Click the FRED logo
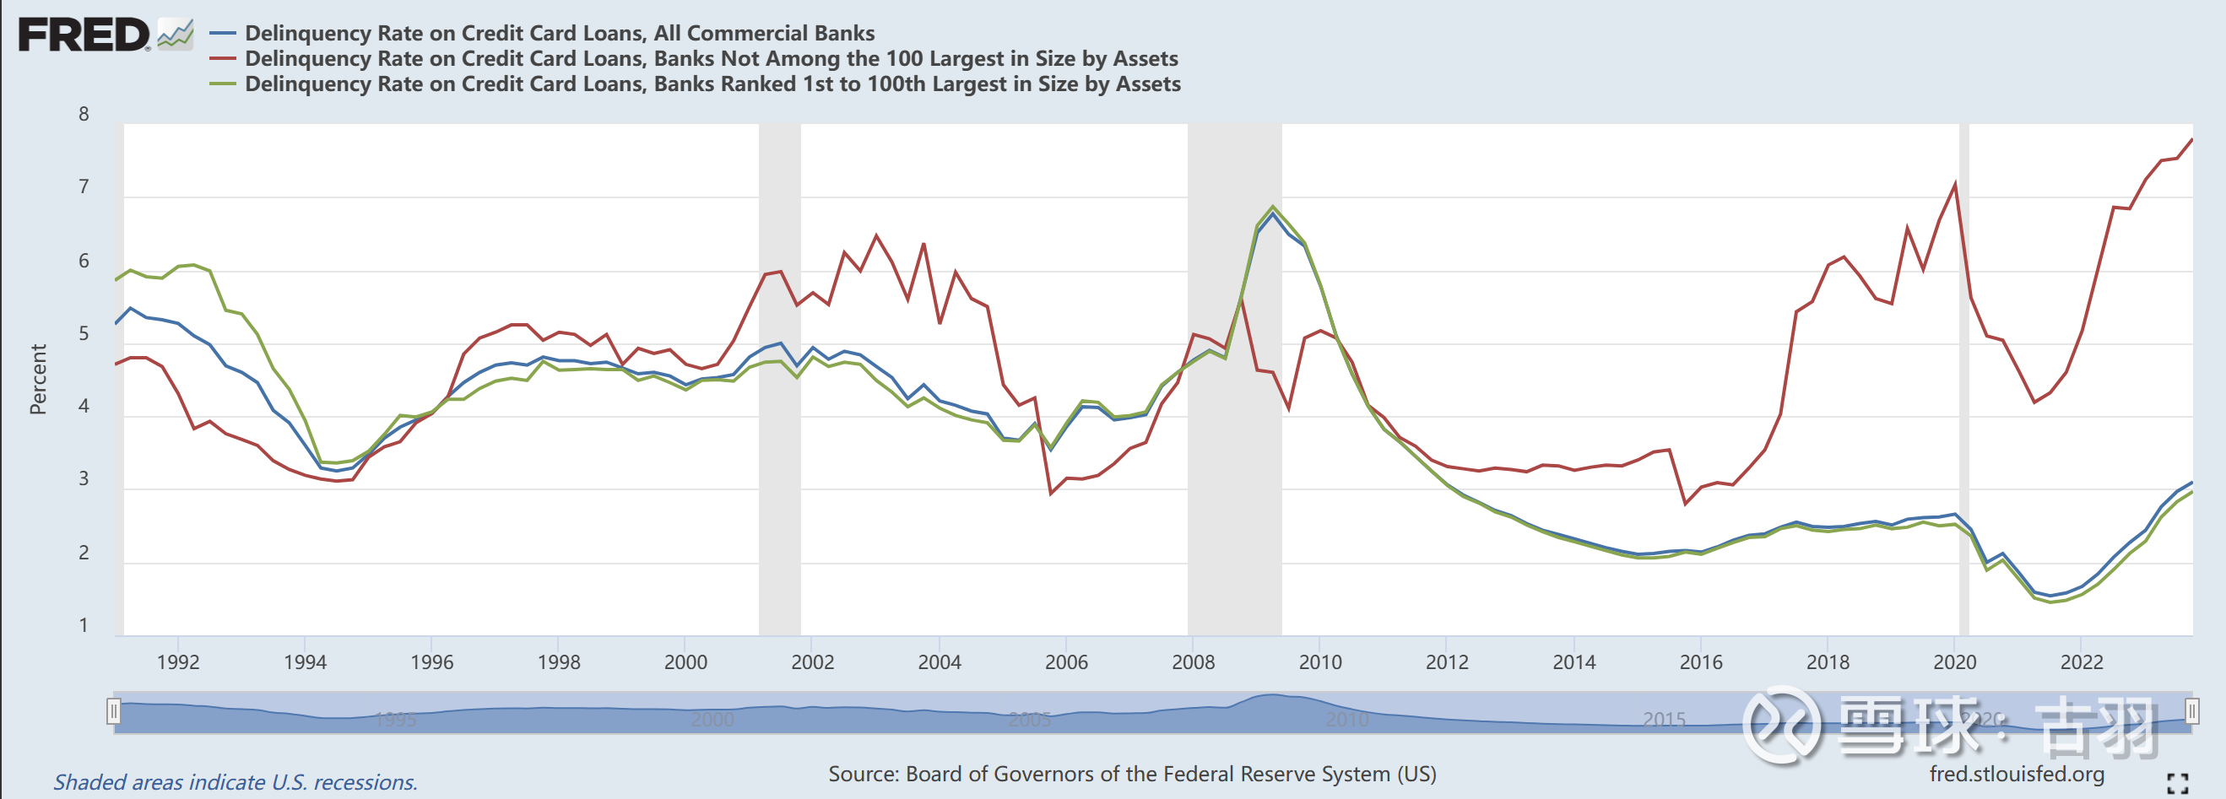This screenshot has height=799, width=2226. tap(84, 35)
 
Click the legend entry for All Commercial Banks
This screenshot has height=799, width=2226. tap(559, 33)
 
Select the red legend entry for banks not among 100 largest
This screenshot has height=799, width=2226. tap(710, 59)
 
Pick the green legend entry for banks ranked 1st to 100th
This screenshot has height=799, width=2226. tap(712, 84)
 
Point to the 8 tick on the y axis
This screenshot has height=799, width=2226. tap(84, 114)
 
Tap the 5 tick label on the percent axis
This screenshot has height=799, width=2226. tap(84, 333)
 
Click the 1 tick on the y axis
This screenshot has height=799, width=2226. tap(84, 624)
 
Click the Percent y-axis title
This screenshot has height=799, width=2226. tap(38, 379)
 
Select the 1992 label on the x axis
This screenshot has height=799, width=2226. tap(178, 662)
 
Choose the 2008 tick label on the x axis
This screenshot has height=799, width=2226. tap(1193, 662)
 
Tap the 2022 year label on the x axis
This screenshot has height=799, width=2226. tap(2081, 662)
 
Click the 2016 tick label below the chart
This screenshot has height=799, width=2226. tap(1701, 662)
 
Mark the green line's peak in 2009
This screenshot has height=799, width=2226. tap(1272, 207)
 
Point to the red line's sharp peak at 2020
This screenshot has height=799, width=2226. tap(1955, 184)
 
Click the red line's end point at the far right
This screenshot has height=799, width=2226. tap(2191, 140)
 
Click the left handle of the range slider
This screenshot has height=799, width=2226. tap(113, 711)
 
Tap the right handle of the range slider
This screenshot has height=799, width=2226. tap(2191, 711)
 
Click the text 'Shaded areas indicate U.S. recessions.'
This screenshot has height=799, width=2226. tap(235, 782)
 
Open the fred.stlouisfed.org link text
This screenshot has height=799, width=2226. tap(2016, 774)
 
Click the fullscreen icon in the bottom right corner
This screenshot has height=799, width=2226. tap(2178, 783)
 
